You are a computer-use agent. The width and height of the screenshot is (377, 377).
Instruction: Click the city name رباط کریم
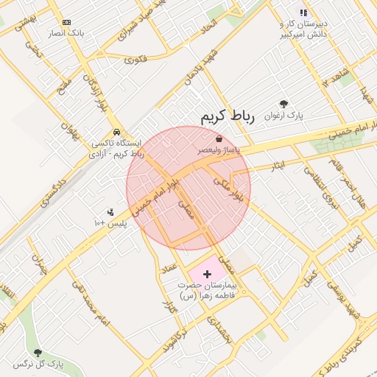(x=226, y=117)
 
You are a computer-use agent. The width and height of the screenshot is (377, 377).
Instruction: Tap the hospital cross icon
(x=207, y=274)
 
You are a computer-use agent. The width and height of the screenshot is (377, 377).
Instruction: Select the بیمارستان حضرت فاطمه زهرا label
(x=206, y=290)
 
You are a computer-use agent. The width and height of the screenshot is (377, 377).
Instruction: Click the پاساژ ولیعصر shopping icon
(x=219, y=138)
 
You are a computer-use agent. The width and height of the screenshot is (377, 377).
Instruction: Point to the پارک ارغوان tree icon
(x=284, y=104)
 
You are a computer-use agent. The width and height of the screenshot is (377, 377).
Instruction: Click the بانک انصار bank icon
(x=67, y=23)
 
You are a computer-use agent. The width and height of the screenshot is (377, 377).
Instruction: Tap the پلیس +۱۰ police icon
(x=110, y=211)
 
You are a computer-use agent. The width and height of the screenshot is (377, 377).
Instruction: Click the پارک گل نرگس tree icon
(x=38, y=353)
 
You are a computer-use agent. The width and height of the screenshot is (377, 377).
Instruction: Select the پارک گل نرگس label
(x=38, y=364)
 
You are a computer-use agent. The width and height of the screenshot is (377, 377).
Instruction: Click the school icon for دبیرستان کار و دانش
(x=303, y=13)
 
